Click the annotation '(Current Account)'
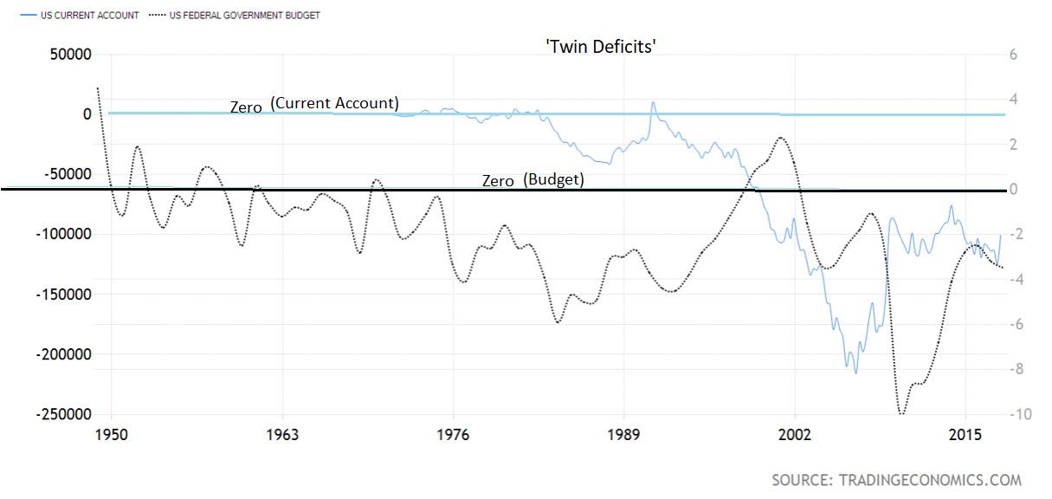coord(334,103)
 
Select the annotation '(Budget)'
coord(553,179)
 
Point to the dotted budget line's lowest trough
coord(901,413)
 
